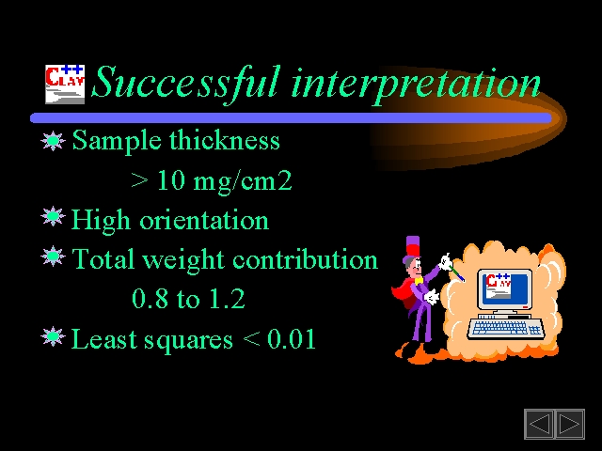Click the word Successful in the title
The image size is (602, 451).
(x=186, y=84)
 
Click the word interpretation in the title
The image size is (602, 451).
(x=416, y=86)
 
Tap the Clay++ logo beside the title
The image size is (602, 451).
(x=65, y=85)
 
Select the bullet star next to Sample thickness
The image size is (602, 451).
(x=53, y=141)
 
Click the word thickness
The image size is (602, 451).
(x=225, y=140)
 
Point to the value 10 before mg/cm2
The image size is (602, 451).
(x=171, y=180)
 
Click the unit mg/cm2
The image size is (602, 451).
(x=243, y=181)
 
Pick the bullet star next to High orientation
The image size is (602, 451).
(x=53, y=217)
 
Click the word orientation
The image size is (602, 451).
(x=204, y=220)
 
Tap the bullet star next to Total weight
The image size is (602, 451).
(x=53, y=256)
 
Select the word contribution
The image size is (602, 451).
(x=305, y=259)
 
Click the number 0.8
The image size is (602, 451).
(x=150, y=299)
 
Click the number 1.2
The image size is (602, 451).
(x=227, y=299)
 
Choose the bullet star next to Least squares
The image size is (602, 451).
(x=53, y=336)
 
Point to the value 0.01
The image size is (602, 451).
(x=292, y=338)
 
